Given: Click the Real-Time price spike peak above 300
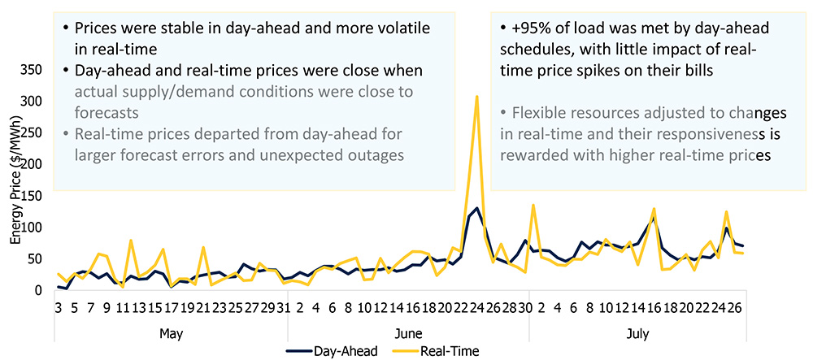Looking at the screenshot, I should (x=476, y=97).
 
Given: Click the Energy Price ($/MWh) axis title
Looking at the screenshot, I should (x=15, y=189).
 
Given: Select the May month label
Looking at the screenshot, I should (x=171, y=333).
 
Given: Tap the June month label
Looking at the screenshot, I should (x=406, y=333).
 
